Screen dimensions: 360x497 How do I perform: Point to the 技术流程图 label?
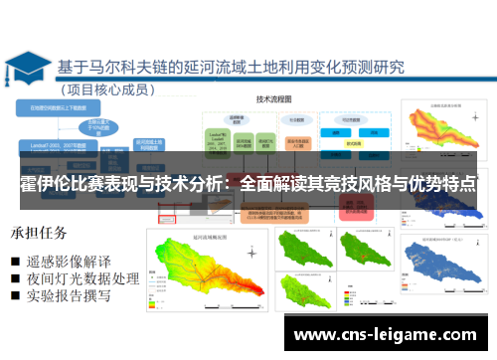(x=272, y=100)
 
